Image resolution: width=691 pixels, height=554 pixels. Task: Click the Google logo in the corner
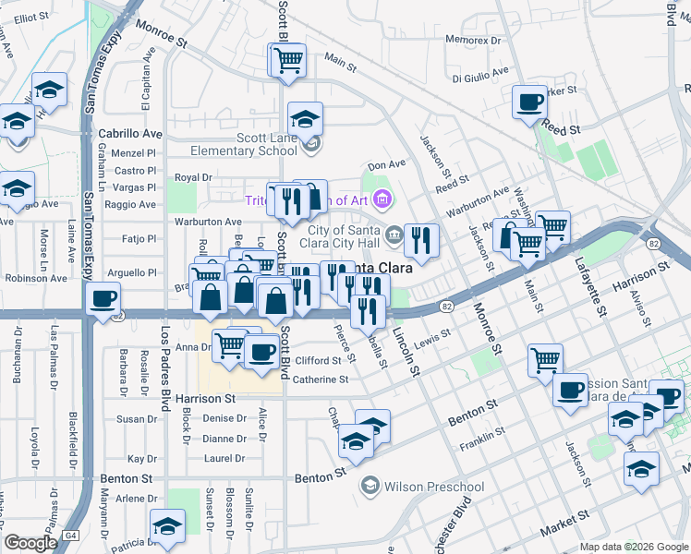pyautogui.click(x=30, y=543)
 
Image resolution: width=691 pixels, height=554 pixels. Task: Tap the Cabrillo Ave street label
pyautogui.click(x=130, y=133)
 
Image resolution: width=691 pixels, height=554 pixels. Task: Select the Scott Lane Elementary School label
pyautogui.click(x=243, y=144)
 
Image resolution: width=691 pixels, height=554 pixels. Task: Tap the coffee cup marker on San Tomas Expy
pyautogui.click(x=103, y=299)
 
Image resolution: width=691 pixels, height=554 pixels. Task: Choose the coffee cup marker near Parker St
pyautogui.click(x=529, y=102)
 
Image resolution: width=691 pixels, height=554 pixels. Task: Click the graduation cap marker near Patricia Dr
pyautogui.click(x=167, y=527)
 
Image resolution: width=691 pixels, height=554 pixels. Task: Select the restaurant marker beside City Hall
pyautogui.click(x=421, y=240)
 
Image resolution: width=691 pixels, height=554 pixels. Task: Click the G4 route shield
pyautogui.click(x=70, y=536)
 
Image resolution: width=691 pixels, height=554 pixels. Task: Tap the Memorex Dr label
pyautogui.click(x=472, y=41)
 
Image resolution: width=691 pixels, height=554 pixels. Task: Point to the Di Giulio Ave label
pyautogui.click(x=480, y=71)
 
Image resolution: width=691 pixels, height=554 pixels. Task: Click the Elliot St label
pyautogui.click(x=30, y=18)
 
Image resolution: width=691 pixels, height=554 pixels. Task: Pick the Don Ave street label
pyautogui.click(x=386, y=165)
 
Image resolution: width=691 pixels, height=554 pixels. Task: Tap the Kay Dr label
pyautogui.click(x=142, y=459)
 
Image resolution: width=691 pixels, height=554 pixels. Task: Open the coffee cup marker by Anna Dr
pyautogui.click(x=262, y=351)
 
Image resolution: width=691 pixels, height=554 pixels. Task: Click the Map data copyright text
pyautogui.click(x=634, y=546)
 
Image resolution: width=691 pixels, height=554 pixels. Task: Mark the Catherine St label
pyautogui.click(x=321, y=379)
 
